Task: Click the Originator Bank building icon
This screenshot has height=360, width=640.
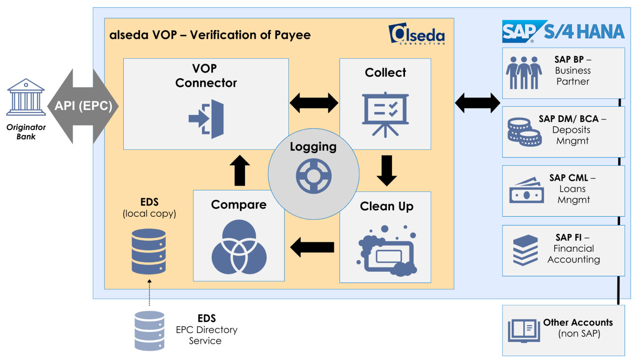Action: tap(26, 97)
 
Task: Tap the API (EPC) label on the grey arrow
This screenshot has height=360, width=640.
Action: tap(83, 106)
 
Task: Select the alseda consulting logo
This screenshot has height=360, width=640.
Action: tap(417, 34)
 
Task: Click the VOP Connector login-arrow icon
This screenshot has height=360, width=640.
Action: tap(207, 119)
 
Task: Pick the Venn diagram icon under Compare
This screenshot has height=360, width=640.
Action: tap(239, 247)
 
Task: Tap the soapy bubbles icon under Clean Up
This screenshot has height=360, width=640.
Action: tap(387, 251)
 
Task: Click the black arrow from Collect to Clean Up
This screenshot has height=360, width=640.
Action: tap(387, 170)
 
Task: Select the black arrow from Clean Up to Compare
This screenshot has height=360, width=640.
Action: tap(312, 247)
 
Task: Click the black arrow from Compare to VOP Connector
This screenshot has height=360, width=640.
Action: tap(240, 170)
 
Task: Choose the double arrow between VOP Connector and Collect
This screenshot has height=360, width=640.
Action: tap(314, 103)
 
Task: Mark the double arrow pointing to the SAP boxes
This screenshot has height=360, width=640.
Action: tap(477, 103)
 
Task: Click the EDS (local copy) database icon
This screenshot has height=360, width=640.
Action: tap(149, 251)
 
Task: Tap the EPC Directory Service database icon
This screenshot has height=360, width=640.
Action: tap(150, 331)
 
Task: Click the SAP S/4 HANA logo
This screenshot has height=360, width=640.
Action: tap(563, 32)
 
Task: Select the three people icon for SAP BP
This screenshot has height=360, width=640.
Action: tap(524, 73)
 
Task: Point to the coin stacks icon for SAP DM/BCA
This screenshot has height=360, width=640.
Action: tap(525, 132)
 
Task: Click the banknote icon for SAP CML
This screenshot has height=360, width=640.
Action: tap(527, 191)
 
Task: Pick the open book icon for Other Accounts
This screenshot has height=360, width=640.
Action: tap(524, 331)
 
